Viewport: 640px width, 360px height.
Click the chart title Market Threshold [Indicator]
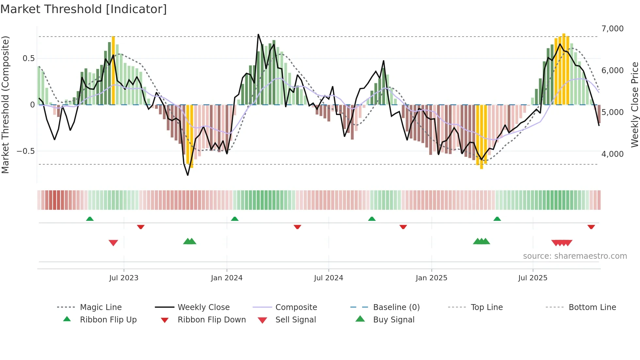[x=84, y=9]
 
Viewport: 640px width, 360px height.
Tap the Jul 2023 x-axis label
[x=124, y=278]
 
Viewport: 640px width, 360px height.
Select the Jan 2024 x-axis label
[x=227, y=278]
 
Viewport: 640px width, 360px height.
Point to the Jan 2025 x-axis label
[x=431, y=278]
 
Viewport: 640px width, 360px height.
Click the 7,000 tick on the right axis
[x=612, y=29]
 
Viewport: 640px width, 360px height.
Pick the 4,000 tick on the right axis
[x=612, y=154]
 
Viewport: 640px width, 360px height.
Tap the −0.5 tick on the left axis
[x=25, y=151]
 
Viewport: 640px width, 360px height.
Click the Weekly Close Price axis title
[x=634, y=105]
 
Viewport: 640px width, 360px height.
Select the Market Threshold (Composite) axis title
[x=5, y=105]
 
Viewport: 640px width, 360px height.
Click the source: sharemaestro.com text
[x=575, y=256]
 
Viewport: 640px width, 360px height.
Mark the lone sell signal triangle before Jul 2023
[x=113, y=243]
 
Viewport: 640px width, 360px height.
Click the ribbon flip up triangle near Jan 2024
[x=234, y=219]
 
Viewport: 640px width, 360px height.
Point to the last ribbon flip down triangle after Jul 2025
[x=591, y=227]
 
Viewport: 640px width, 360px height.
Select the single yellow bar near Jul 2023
[x=113, y=70]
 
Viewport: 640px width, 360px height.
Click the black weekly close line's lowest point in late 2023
[x=188, y=175]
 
